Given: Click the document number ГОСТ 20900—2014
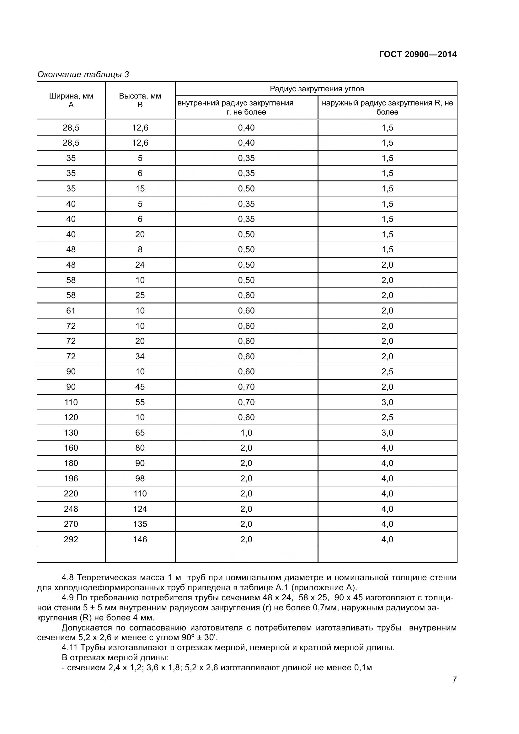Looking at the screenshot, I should coord(418,54).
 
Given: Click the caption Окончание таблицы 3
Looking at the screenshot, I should coord(83,74).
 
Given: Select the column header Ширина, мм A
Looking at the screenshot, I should coord(71,100).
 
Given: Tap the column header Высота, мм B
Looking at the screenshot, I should coord(140,100).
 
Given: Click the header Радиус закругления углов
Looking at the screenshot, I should coord(316,89).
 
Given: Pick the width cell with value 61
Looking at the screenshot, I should coord(71,310).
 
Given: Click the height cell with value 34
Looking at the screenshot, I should coord(140,356).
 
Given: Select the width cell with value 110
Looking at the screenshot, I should coord(71,402).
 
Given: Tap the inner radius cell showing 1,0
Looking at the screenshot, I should coord(246,432).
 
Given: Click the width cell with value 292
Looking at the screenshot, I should coord(71,539).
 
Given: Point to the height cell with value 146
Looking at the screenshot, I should coord(140,539).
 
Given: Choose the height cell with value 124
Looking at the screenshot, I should coord(140,509).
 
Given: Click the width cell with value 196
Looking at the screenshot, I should coord(71,478).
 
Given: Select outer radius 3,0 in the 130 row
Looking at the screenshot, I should coord(387,432).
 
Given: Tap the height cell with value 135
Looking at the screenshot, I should coord(140,524).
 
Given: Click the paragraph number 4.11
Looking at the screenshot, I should coord(69,648).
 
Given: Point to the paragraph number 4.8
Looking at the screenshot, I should coord(67,578).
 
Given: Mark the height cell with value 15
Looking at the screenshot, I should coord(140,189).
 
